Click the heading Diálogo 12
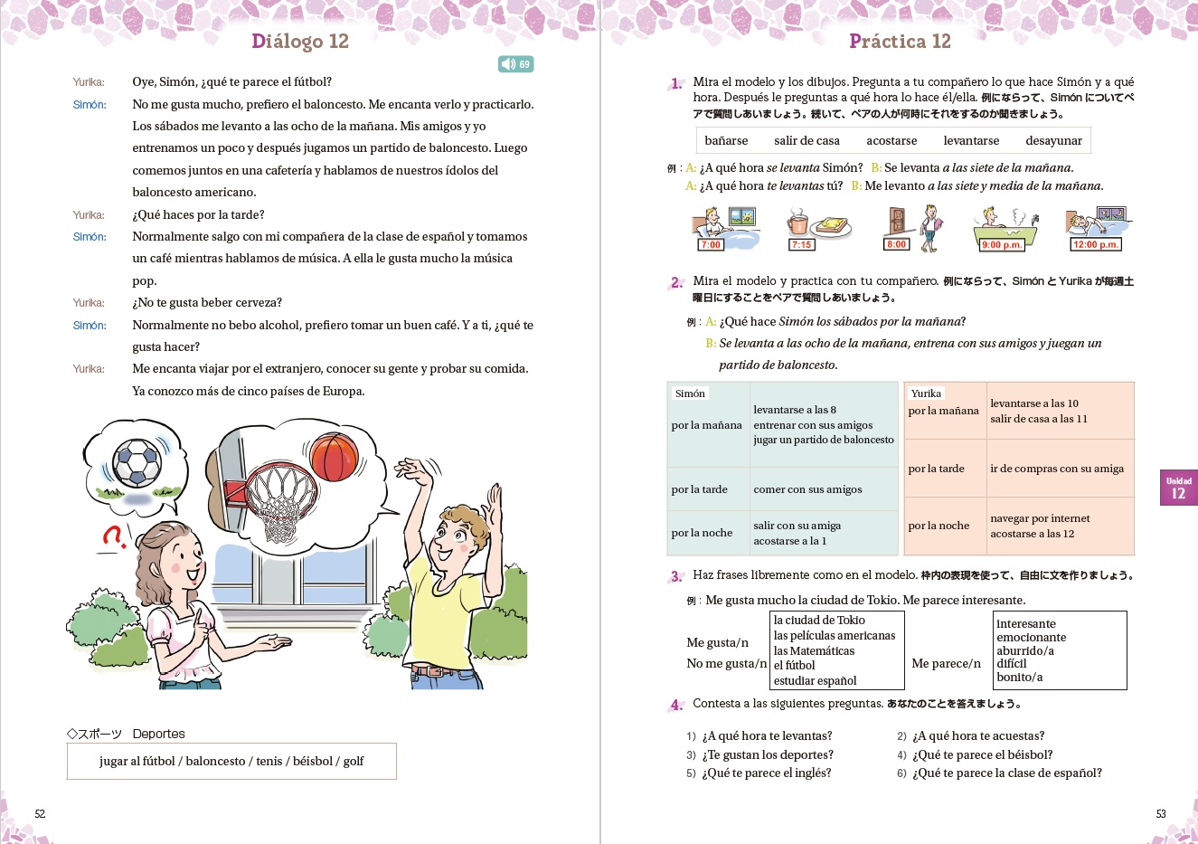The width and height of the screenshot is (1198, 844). coord(299,42)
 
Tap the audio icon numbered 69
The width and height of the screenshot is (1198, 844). coord(515,64)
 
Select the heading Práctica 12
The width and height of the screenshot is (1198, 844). coord(900,42)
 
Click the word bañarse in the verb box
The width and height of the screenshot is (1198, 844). coord(726,140)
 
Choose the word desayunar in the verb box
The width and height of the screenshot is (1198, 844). coord(1053,140)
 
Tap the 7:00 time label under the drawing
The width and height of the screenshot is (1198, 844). coord(711,244)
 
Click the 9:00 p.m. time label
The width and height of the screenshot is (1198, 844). coord(1001,244)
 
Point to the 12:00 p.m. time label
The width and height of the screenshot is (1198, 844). coord(1096,244)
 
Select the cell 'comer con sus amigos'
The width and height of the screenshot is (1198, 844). coord(807,489)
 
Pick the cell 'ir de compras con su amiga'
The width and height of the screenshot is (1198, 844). coord(1056,469)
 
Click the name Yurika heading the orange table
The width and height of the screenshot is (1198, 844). coord(926,394)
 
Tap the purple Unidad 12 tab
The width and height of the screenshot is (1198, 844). coord(1178,488)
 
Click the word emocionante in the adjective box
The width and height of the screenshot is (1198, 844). coord(1031,637)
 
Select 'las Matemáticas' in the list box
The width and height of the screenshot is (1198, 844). coord(814,650)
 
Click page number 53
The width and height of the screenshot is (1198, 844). coord(1161,813)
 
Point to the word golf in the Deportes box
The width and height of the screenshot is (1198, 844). coord(354,761)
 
